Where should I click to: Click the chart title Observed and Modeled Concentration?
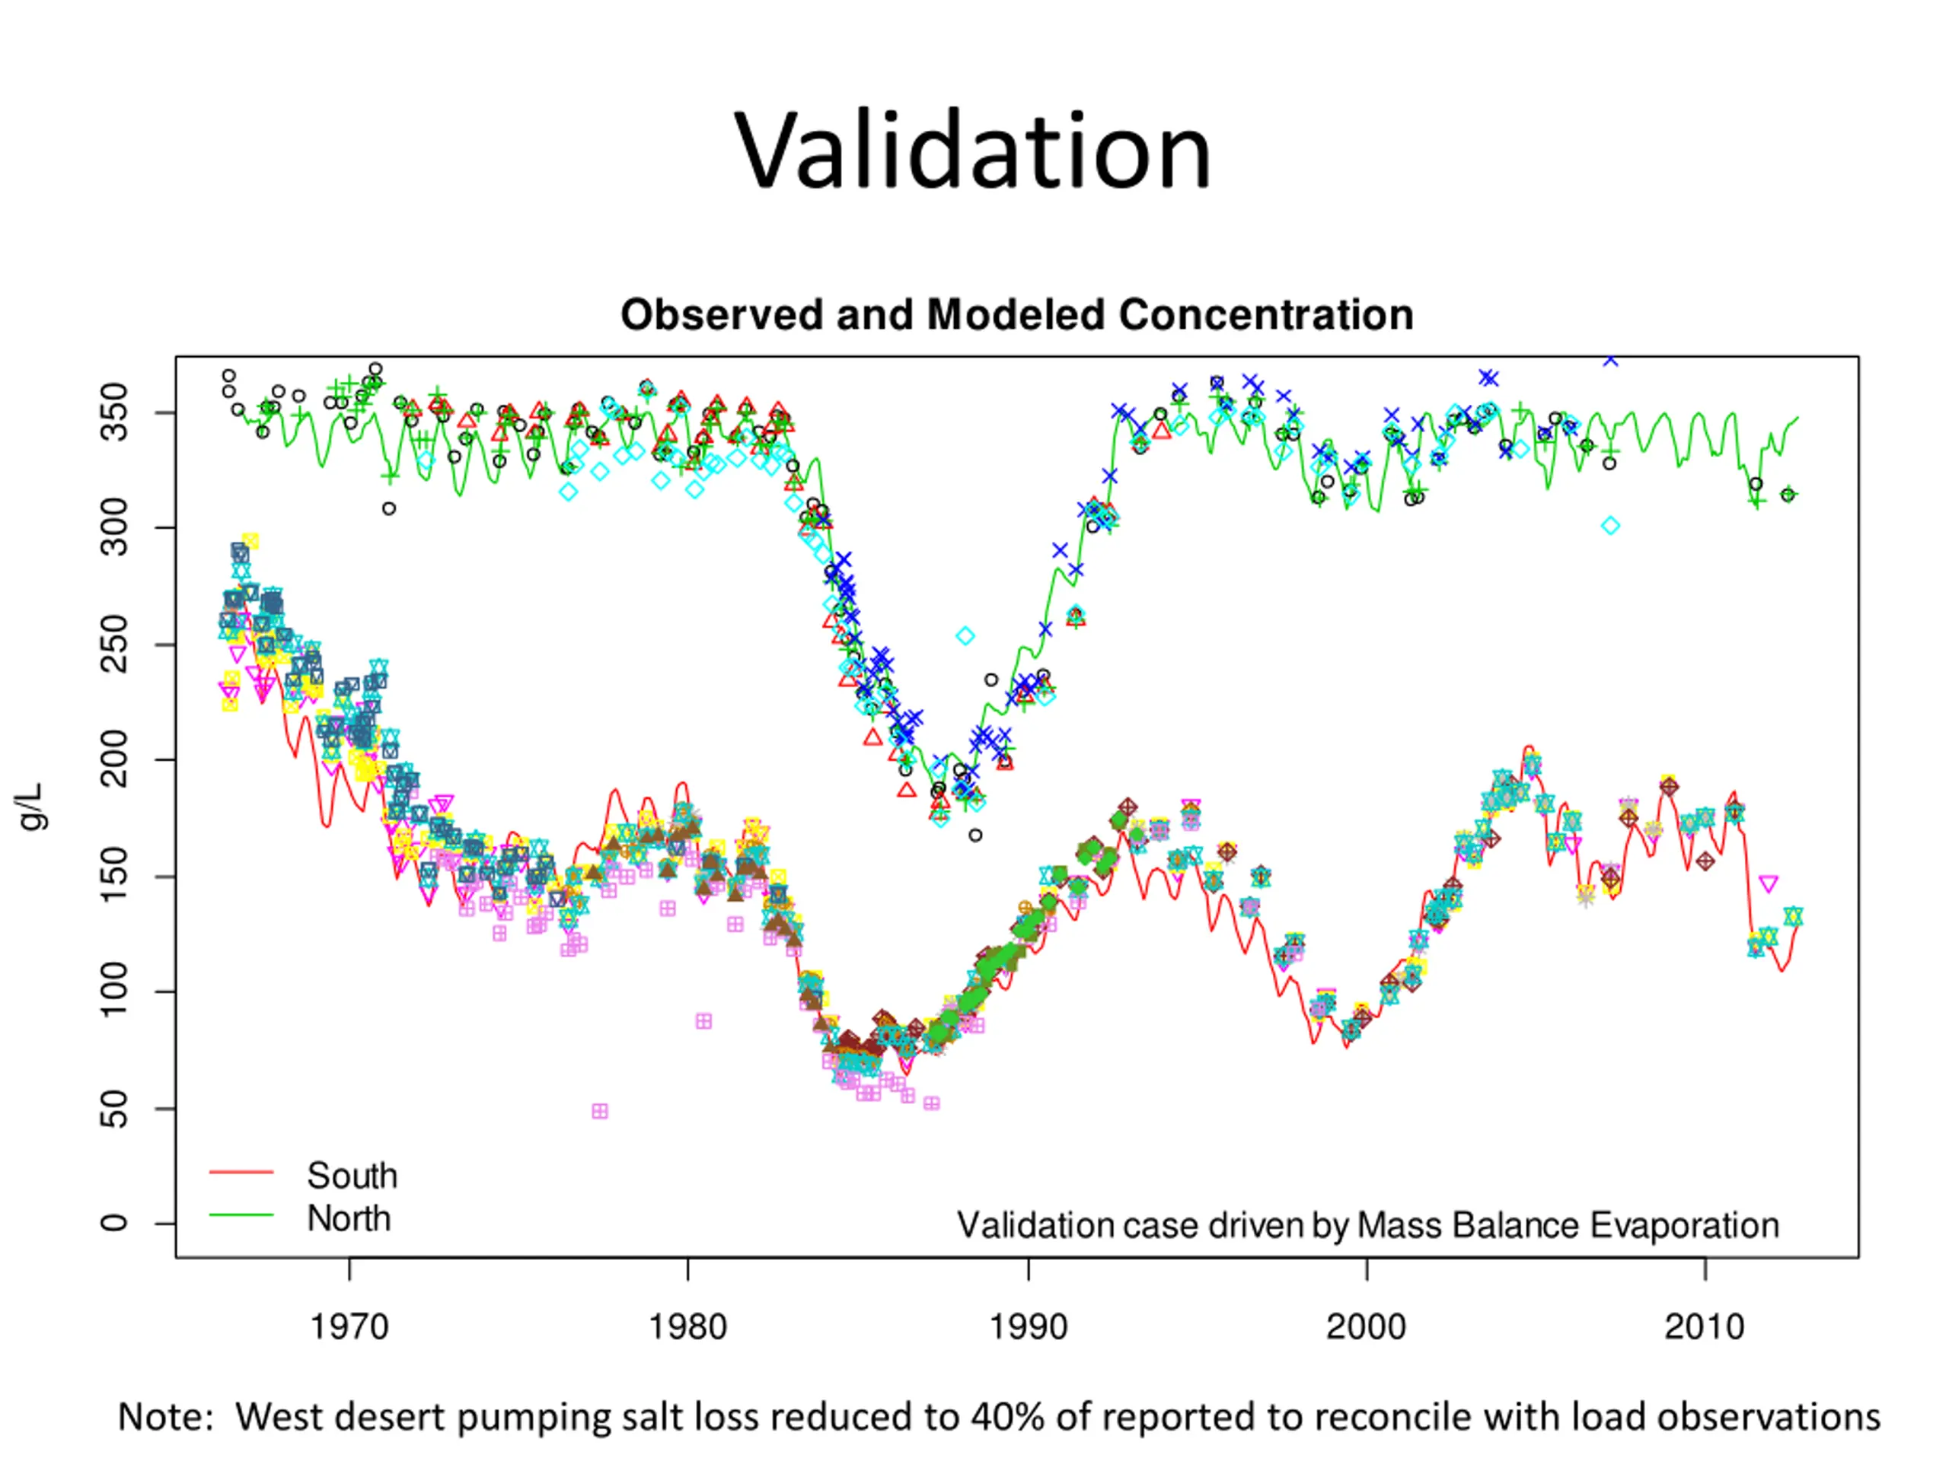pos(1017,314)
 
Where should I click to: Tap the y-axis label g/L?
pos(32,806)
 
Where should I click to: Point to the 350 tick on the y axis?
pos(114,412)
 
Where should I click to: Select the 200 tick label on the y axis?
pos(114,759)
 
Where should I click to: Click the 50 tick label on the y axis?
pos(114,1108)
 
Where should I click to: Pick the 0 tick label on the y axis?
pos(114,1224)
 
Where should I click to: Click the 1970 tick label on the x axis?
pos(349,1326)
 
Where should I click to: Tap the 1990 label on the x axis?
pos(1027,1326)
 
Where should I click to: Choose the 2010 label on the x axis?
pos(1705,1326)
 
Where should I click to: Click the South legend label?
pos(352,1176)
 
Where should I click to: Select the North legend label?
pos(349,1219)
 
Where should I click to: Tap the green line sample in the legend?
pos(241,1215)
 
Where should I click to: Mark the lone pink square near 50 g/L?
pos(600,1112)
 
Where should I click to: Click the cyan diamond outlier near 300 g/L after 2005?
pos(1611,526)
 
